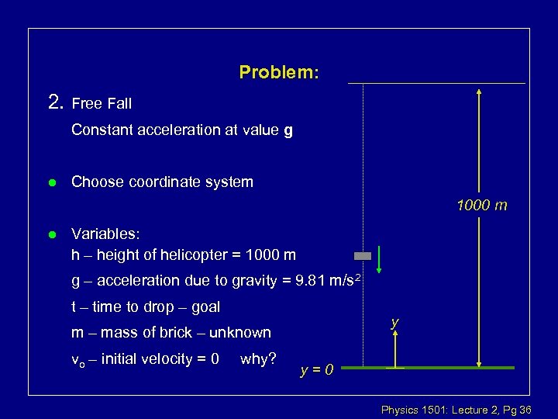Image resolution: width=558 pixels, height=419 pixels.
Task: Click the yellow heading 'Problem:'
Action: pos(279,72)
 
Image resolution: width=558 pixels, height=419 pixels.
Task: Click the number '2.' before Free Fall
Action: pos(56,102)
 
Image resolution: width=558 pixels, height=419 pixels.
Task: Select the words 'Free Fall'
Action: pos(102,103)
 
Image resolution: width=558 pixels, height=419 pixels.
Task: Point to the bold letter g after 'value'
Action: pos(288,130)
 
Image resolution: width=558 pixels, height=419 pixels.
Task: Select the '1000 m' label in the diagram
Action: pos(482,206)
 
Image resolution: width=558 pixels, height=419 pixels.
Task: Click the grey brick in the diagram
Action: pos(363,255)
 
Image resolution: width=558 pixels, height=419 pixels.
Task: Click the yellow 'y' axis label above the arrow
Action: pos(395,321)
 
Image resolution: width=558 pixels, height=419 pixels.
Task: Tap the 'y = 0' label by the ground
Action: pos(317,369)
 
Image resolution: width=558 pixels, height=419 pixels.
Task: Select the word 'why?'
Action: pos(259,358)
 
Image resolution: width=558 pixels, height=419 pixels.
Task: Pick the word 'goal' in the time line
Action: pos(205,306)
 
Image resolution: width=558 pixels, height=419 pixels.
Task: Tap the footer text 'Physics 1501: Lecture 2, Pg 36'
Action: pos(456,409)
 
